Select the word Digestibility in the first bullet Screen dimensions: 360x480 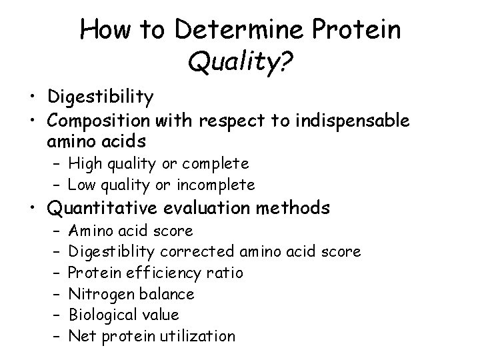(101, 98)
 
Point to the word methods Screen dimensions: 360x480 (295, 209)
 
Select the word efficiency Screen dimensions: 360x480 (157, 273)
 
